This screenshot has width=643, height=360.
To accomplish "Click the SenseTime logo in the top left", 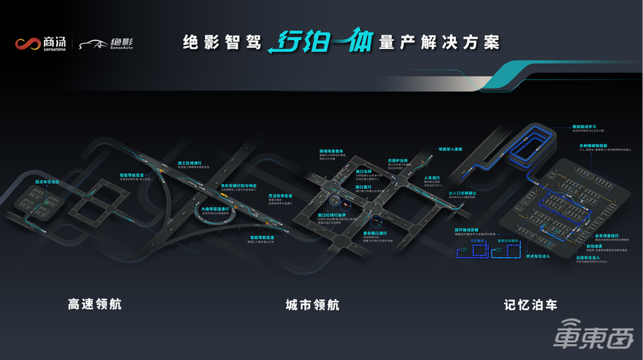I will [42, 43].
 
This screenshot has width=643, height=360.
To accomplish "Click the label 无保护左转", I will [398, 160].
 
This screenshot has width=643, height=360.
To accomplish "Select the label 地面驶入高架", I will [444, 149].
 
